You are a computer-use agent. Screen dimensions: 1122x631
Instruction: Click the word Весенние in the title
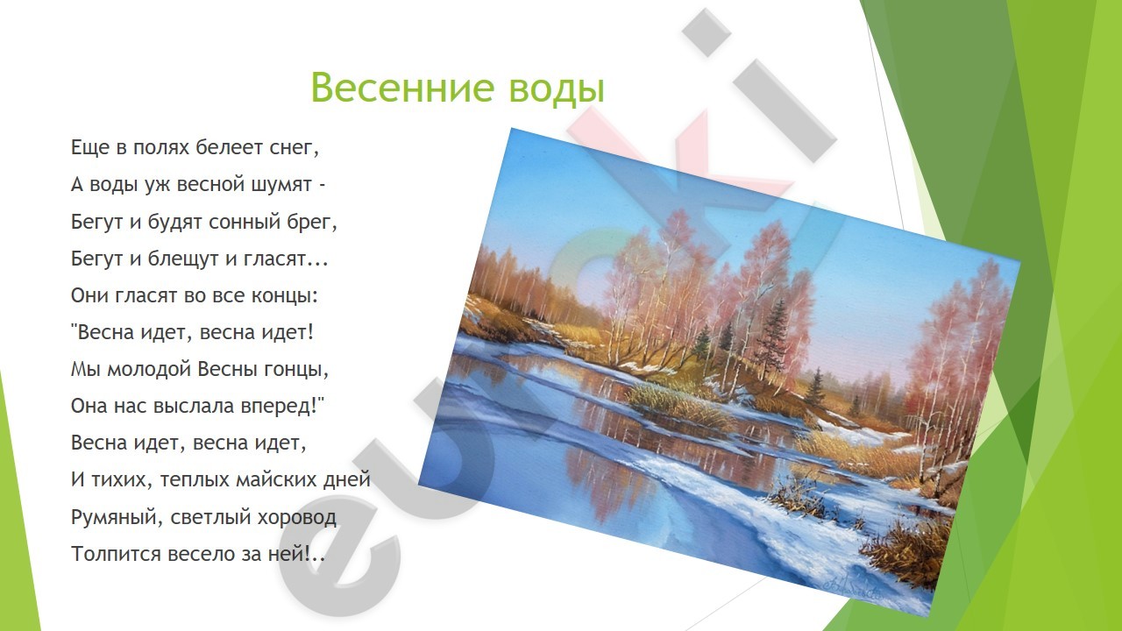click(402, 88)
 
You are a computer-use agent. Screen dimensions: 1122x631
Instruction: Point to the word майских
click(277, 479)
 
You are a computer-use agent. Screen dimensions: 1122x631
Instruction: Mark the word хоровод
click(296, 517)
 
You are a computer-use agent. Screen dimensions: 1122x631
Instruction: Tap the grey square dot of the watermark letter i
click(707, 32)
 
